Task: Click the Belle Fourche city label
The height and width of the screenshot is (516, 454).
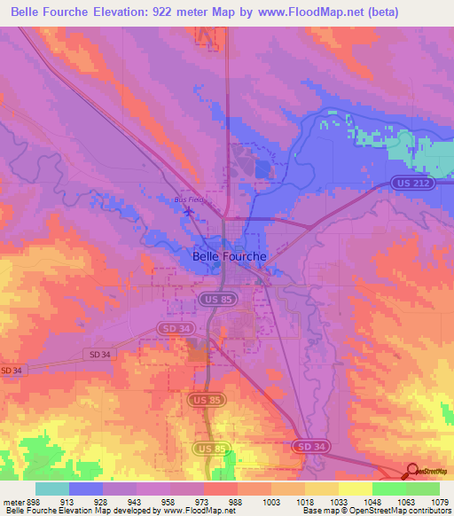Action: point(229,256)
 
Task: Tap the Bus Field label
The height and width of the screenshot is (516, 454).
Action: point(189,199)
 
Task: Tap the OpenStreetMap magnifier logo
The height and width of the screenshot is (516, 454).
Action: point(411,471)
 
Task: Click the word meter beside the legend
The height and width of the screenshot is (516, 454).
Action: point(12,501)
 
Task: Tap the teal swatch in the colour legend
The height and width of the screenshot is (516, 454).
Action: point(52,489)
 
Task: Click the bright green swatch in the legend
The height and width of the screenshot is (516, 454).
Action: point(423,489)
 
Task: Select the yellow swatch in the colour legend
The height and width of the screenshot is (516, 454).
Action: point(355,489)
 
